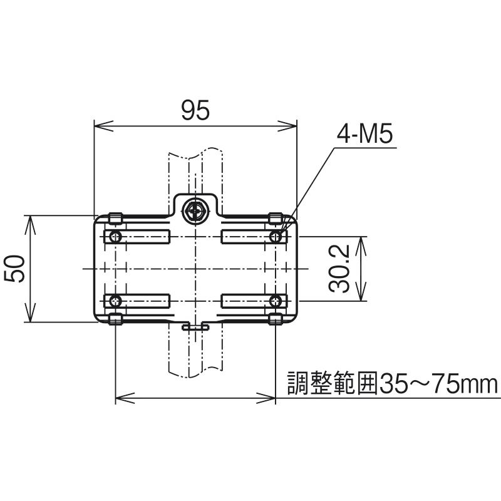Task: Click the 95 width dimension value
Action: coord(195,110)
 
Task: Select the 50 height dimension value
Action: coord(14,269)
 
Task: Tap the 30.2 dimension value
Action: coord(339,269)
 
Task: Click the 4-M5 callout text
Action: coord(364,135)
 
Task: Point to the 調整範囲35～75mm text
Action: coord(393,383)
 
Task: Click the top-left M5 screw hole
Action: coord(115,237)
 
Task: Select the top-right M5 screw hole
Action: coord(276,237)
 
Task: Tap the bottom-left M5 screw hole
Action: coord(115,301)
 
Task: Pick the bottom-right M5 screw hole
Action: coord(276,301)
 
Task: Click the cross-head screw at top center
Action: coord(195,211)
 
